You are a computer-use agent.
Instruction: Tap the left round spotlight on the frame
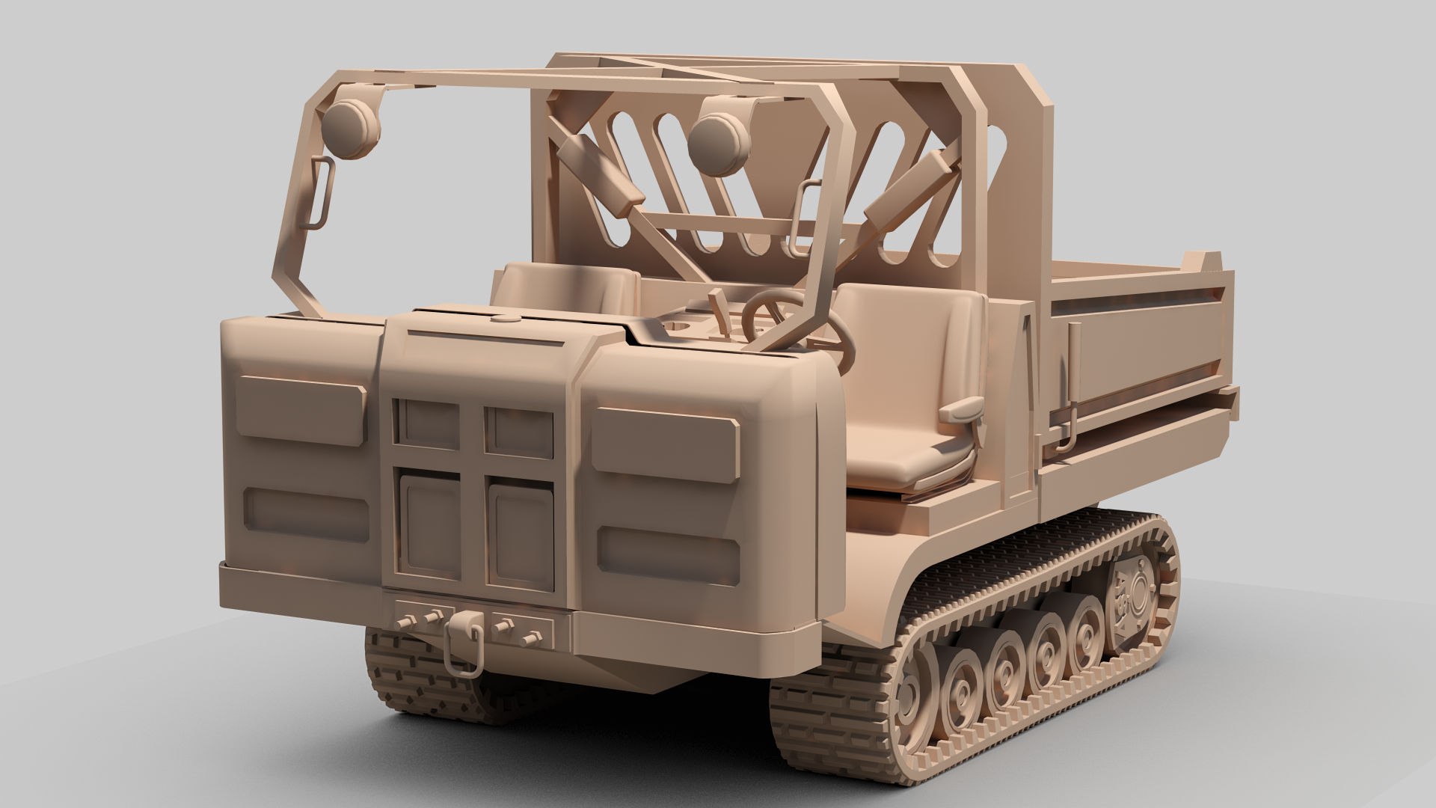click(x=351, y=128)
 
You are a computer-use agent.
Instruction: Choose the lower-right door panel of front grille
click(x=521, y=532)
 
